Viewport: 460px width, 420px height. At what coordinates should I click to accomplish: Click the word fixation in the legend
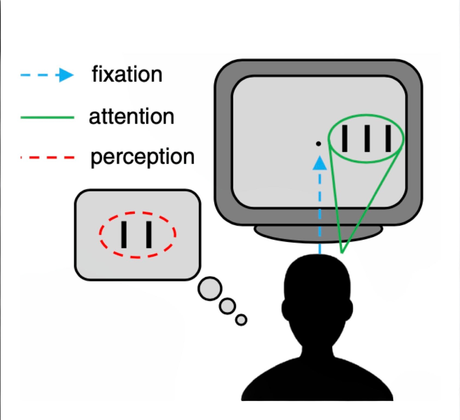click(127, 75)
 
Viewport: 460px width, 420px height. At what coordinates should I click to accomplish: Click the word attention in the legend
click(131, 116)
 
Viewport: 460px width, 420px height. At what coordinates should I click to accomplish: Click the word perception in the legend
click(142, 157)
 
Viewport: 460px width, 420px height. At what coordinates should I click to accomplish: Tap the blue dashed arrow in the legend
click(47, 76)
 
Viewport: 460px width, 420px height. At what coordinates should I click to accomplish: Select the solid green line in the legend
click(47, 117)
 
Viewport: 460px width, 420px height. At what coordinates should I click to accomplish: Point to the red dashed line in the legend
click(47, 158)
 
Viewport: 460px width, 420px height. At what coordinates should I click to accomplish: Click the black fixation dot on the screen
click(318, 144)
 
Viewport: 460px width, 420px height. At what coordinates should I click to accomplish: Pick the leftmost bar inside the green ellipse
click(345, 139)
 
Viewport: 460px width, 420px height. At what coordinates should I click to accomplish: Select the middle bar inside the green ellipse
click(366, 139)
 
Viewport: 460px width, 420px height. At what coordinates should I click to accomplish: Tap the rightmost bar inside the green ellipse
click(388, 139)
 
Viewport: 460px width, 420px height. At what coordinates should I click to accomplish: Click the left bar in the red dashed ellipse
click(124, 234)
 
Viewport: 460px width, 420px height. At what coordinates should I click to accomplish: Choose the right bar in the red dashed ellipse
click(149, 234)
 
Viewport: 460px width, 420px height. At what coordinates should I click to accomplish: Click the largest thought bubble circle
click(210, 289)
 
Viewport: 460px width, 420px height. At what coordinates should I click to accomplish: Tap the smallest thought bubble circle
click(241, 320)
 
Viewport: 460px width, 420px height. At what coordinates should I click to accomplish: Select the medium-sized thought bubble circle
click(227, 305)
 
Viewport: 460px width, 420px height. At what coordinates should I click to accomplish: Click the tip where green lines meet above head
click(342, 252)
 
